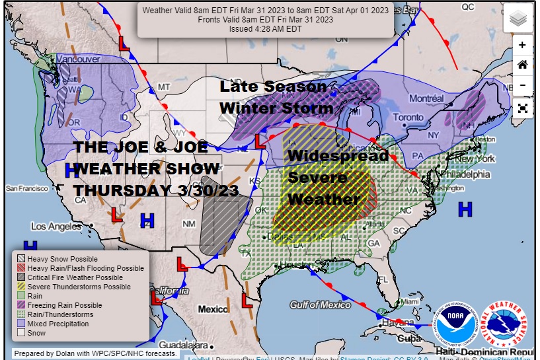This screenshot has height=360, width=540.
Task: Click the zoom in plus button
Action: [x=522, y=45]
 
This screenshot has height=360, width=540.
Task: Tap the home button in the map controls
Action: [x=522, y=65]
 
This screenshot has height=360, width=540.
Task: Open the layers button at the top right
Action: [x=518, y=18]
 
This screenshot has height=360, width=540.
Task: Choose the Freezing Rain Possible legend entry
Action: [x=65, y=306]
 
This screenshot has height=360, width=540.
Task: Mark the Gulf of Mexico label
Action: [x=320, y=305]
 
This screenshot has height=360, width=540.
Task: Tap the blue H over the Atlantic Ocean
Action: [x=465, y=209]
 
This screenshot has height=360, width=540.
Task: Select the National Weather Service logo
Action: [x=504, y=324]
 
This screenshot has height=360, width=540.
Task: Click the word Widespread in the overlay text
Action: [x=338, y=157]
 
